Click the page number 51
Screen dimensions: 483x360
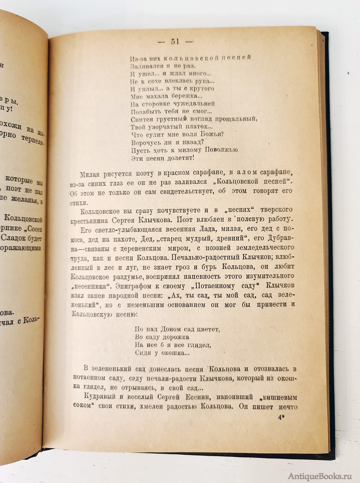(x=175, y=42)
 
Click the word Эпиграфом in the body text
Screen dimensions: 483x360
(x=132, y=286)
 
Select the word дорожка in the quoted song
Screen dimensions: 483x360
(x=173, y=337)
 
